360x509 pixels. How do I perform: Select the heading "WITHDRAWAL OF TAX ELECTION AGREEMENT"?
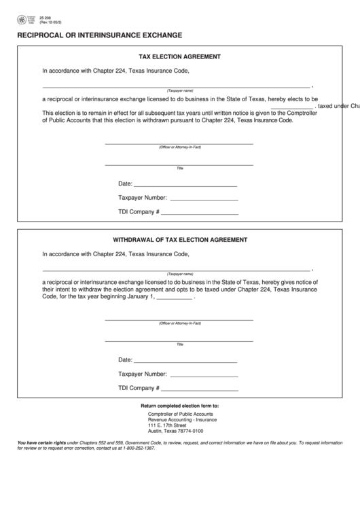click(179, 240)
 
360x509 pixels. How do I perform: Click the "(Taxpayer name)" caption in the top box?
click(180, 90)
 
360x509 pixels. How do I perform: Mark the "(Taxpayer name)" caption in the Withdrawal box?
click(180, 273)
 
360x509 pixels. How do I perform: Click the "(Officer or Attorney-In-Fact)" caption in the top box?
click(180, 147)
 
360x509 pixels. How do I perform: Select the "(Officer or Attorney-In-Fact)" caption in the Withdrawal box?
click(180, 323)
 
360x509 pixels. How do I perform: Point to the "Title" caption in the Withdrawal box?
click(180, 344)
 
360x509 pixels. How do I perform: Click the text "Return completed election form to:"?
click(180, 406)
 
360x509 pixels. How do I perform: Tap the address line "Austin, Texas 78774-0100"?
click(175, 431)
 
